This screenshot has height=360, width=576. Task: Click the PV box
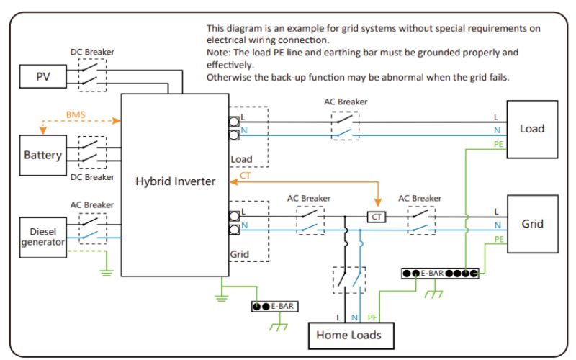pos(43,76)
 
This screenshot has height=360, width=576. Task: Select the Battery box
pos(43,155)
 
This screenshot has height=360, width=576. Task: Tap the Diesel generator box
pos(43,238)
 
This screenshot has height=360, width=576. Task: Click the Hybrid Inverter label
pos(175,181)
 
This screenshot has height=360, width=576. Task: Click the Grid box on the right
pos(533,224)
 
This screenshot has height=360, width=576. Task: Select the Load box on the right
pos(532,130)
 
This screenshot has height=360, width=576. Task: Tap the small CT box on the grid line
pos(377,217)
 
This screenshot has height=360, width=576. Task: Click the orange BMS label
pos(76,114)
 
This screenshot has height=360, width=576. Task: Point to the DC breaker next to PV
pos(93,75)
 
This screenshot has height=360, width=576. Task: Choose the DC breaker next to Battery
pos(93,153)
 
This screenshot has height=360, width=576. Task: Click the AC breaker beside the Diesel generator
pos(93,228)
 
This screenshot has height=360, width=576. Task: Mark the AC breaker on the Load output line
pos(346,125)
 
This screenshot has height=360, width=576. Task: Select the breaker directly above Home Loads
pos(349,280)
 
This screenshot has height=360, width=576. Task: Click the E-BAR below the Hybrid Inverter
pos(275,307)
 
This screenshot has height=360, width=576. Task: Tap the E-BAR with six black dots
pos(440,274)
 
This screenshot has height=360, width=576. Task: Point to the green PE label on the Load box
pos(498,144)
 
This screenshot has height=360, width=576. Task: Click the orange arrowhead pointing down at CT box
pos(377,202)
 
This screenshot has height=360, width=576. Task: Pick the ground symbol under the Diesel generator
pos(107,273)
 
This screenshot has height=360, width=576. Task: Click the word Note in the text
pos(218,53)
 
